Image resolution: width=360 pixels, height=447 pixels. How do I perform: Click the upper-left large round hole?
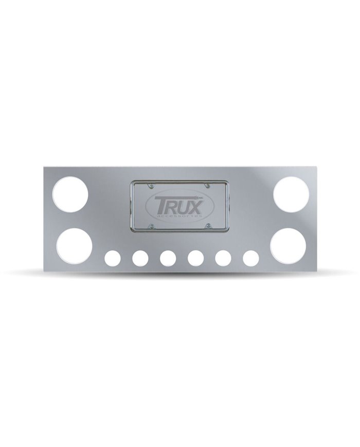70,194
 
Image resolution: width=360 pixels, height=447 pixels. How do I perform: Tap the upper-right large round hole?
291,194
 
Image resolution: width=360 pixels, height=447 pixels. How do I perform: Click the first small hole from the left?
111,258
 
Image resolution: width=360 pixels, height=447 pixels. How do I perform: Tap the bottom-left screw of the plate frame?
151,225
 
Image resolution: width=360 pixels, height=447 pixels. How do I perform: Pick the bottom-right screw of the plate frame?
208,225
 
